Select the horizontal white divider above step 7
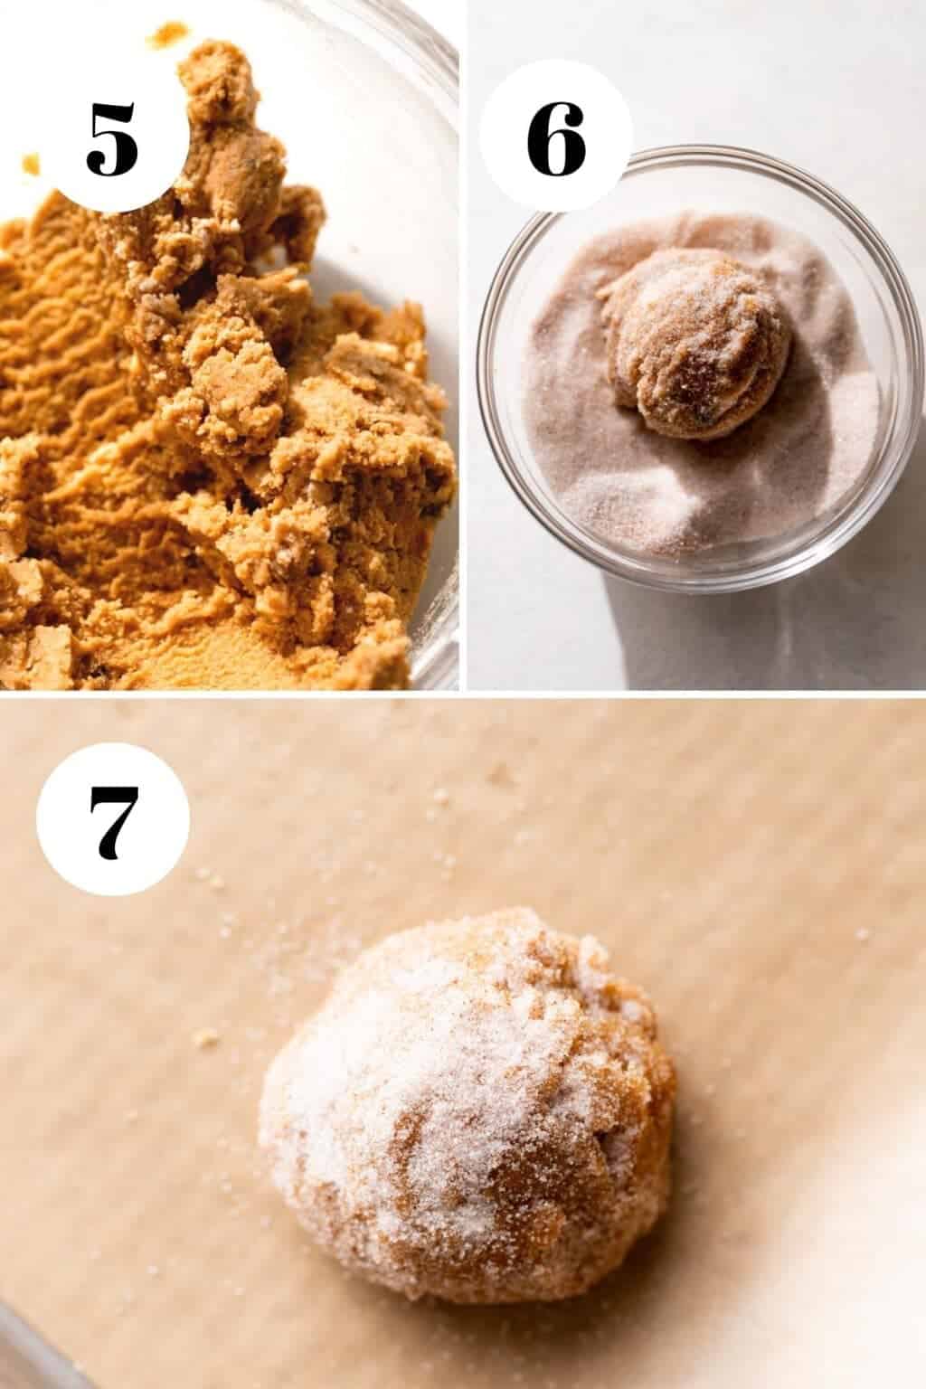463,694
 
